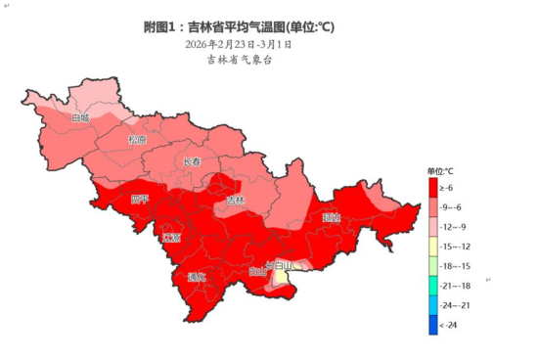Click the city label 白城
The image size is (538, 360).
(x=79, y=117)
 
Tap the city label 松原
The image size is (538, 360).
(x=137, y=139)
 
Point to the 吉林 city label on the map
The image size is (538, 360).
(x=235, y=201)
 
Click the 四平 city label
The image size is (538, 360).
(x=140, y=200)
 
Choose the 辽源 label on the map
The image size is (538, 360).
(x=172, y=238)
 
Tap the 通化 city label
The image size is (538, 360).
(x=197, y=277)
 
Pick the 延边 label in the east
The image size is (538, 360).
(x=331, y=217)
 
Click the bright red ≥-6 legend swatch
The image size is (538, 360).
(x=431, y=187)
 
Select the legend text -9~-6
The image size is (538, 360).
(x=452, y=207)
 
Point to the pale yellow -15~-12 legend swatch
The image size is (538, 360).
(x=431, y=247)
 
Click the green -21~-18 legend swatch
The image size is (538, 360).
(x=431, y=286)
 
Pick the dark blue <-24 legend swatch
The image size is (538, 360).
(x=431, y=325)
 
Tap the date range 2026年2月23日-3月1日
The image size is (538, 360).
(x=238, y=44)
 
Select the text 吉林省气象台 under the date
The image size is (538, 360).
(x=238, y=61)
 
